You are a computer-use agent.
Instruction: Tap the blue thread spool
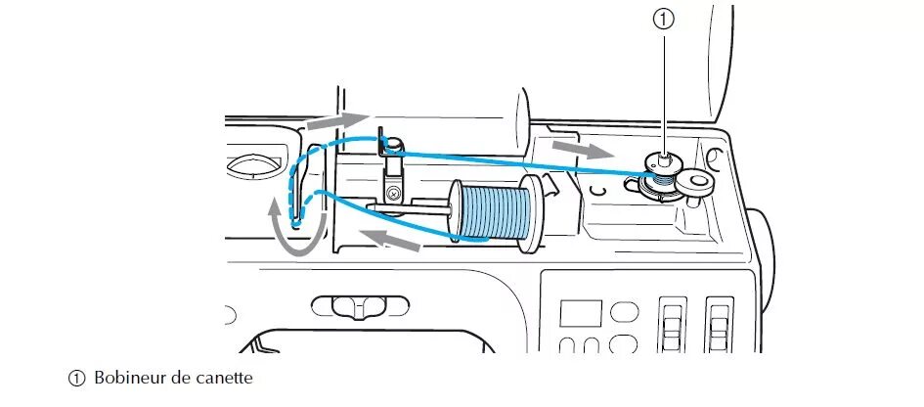click(x=494, y=212)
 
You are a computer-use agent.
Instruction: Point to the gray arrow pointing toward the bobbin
click(x=580, y=150)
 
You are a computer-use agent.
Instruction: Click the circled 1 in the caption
click(x=76, y=379)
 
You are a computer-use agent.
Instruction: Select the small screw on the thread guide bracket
click(x=393, y=194)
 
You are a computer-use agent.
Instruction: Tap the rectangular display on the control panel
click(x=580, y=314)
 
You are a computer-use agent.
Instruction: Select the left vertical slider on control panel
click(x=672, y=323)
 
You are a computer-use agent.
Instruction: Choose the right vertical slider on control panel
click(x=719, y=323)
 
